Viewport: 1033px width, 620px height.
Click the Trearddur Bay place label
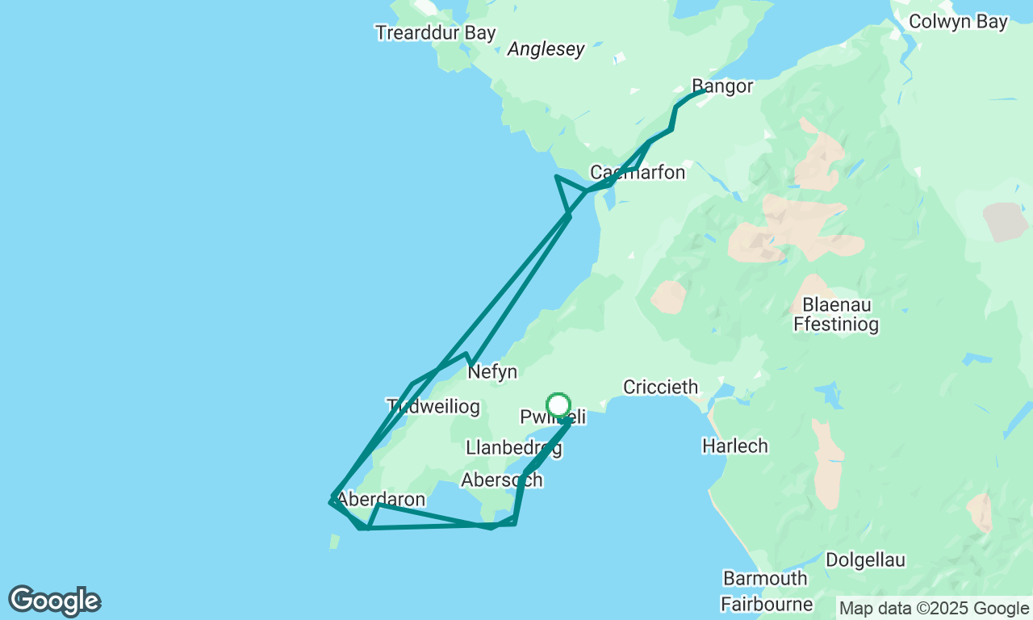point(435,33)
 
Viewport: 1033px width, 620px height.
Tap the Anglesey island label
point(546,49)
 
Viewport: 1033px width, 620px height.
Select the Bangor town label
point(722,86)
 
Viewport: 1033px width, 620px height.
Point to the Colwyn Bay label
point(958,22)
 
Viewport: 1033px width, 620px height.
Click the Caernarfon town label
point(638,173)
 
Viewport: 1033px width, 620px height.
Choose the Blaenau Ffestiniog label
point(835,316)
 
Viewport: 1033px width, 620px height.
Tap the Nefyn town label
point(492,372)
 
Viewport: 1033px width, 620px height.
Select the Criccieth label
point(660,387)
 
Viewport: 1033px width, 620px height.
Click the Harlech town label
point(734,446)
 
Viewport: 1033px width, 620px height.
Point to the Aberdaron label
point(381,500)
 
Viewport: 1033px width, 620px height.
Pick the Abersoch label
point(501,480)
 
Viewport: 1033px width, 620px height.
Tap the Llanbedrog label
point(513,448)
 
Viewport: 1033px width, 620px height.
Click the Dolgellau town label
point(865,560)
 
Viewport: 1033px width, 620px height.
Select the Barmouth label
point(765,579)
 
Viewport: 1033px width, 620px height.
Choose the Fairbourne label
point(767,604)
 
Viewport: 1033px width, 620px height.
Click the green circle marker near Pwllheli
point(558,405)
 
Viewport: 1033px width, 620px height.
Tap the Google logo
point(54,601)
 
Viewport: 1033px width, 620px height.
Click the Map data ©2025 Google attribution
point(934,608)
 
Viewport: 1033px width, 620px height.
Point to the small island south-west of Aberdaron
point(334,542)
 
